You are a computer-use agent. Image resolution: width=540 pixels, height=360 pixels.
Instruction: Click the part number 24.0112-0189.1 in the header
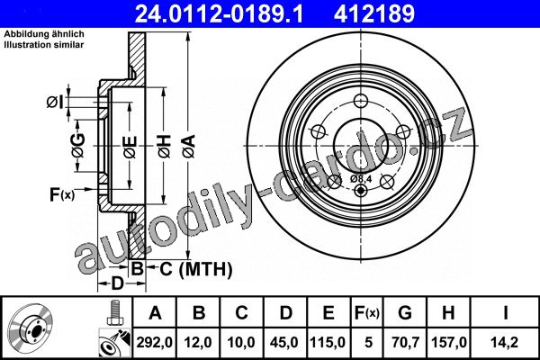219,13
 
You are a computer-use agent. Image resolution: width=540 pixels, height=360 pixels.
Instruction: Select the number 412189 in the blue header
374,13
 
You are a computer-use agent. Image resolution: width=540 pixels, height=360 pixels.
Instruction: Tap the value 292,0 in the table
155,342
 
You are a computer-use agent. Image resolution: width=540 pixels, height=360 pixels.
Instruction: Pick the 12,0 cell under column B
198,342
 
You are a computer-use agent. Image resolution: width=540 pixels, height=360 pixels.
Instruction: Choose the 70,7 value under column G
405,342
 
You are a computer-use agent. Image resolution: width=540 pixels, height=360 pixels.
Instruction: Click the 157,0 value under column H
449,342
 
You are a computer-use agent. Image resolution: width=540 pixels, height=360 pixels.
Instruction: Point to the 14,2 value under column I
505,342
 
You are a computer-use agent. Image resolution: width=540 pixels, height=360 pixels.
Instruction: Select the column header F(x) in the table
367,313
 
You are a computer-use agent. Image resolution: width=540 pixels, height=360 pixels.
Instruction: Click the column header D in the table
286,313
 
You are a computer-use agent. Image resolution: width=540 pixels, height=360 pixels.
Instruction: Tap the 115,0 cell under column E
328,342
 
